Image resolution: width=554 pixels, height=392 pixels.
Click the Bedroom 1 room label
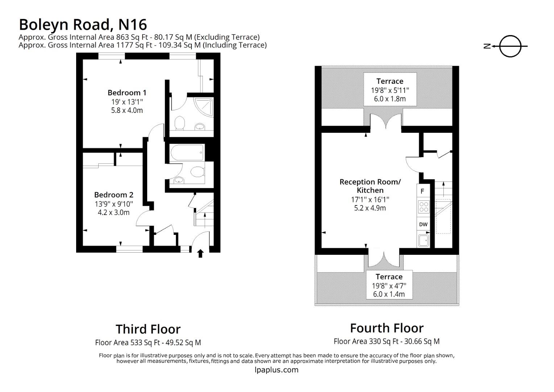pos(127,93)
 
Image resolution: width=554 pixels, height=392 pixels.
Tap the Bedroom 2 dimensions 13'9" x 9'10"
pos(114,204)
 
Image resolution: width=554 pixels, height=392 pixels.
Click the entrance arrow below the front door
pos(200,253)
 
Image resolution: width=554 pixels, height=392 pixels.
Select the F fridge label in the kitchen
pos(422,191)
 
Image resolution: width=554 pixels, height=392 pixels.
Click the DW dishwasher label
pos(423,224)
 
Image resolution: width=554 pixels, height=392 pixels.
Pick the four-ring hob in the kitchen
pos(423,207)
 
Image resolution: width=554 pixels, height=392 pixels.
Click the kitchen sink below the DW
pos(423,240)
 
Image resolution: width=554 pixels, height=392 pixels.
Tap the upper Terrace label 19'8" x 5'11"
pos(390,90)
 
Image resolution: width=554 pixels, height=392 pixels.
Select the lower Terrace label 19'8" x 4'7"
pos(389,285)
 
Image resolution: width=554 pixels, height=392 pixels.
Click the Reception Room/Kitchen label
pos(370,186)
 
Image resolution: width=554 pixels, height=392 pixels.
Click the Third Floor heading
pos(148,329)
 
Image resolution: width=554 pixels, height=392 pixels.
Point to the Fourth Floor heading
pos(386,328)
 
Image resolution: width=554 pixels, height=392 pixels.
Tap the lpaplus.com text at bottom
pos(277,370)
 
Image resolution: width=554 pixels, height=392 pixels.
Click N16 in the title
pos(133,25)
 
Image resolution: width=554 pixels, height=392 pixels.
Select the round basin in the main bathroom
pos(178,180)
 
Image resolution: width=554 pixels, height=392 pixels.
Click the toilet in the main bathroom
pos(197,172)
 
